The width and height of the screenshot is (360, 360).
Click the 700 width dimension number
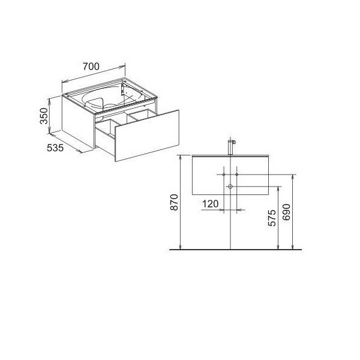tap(91, 67)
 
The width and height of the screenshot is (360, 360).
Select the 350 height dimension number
tap(44, 116)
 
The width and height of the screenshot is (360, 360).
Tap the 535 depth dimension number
tap(55, 148)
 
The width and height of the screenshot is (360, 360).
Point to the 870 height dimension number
tap(174, 202)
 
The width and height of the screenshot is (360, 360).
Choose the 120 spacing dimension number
tap(211, 203)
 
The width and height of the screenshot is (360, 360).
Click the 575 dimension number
tap(272, 218)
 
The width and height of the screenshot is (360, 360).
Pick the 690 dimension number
tap(286, 212)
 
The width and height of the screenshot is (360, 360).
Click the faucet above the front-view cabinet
tap(231, 146)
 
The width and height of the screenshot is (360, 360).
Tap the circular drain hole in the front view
tap(230, 187)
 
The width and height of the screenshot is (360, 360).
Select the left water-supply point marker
tap(224, 175)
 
